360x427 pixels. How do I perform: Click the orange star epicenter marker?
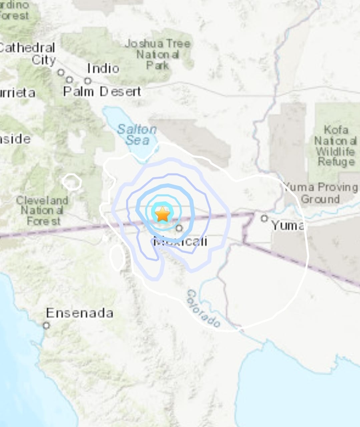coord(162,214)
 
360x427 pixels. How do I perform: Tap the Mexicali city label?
coord(181,241)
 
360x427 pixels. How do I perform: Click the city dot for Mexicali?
coord(179,228)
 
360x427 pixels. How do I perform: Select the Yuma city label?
coord(287,226)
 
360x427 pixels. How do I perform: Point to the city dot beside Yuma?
coord(264,218)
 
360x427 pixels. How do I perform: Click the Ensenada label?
coord(79,313)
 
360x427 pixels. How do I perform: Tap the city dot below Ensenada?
coord(46,325)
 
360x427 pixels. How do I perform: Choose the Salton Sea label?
coord(137,135)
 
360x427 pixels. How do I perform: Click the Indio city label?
coord(103,68)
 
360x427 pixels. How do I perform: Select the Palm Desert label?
coord(102,91)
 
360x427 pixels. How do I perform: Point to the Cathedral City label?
coord(30,54)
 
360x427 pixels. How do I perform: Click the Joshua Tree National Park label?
coord(157,54)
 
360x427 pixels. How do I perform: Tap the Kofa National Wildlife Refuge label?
coord(335,146)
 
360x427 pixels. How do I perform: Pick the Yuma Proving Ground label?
coord(320,193)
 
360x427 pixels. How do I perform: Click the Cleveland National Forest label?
coord(42,210)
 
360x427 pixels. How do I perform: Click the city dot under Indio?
coord(88,81)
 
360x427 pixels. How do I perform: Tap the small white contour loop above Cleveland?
coord(72,182)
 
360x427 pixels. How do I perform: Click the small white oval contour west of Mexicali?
coord(117,258)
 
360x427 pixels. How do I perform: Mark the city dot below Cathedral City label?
coord(61,72)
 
